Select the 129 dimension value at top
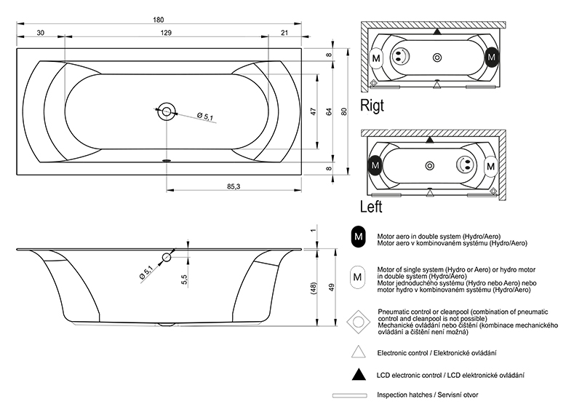pyautogui.click(x=166, y=33)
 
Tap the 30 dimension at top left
pyautogui.click(x=40, y=33)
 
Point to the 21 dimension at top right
pyautogui.click(x=284, y=33)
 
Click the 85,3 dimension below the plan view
pyautogui.click(x=234, y=186)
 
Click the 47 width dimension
pyautogui.click(x=314, y=111)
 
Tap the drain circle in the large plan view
pyautogui.click(x=167, y=112)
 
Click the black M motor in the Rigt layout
pyautogui.click(x=493, y=57)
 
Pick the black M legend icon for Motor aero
pyautogui.click(x=358, y=237)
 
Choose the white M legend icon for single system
pyautogui.click(x=358, y=277)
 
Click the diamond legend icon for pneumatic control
pyautogui.click(x=358, y=320)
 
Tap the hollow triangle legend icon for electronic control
pyautogui.click(x=358, y=352)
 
